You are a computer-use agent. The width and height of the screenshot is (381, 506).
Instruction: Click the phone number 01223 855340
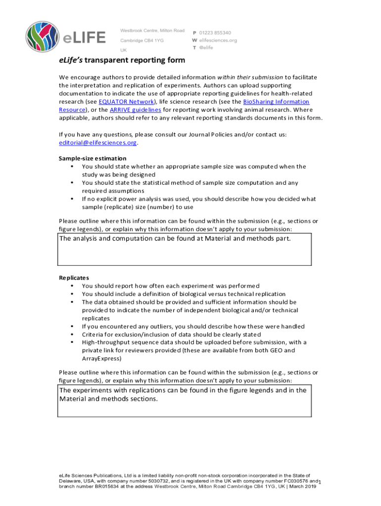coord(215,33)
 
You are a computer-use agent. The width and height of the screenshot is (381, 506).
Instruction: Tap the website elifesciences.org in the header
coord(218,40)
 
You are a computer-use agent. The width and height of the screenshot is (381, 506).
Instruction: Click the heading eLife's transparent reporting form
coord(122,60)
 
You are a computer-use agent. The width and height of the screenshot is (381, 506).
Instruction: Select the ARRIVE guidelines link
coord(135,110)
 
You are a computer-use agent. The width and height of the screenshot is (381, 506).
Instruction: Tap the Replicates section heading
coord(74,278)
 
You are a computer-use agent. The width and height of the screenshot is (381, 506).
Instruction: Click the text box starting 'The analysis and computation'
coord(185,250)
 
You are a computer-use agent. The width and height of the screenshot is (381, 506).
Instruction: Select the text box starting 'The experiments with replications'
coord(185,401)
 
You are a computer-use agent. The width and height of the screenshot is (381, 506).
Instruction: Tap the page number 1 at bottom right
coord(320,483)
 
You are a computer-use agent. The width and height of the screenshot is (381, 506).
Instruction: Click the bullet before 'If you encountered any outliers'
coord(73,327)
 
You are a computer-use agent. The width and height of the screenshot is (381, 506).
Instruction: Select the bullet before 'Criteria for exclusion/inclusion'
coord(73,335)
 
